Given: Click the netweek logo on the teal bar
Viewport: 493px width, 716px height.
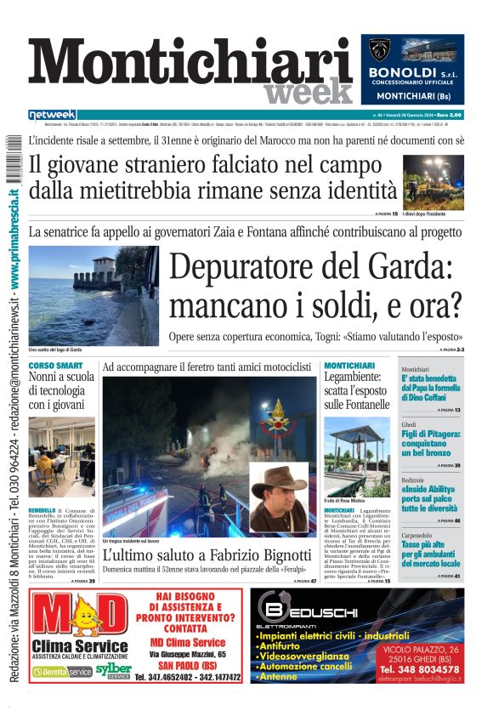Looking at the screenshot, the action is tap(52, 114).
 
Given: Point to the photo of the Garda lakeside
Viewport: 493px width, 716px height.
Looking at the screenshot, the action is tap(93, 294).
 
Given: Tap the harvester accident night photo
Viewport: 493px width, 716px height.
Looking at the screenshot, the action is tap(433, 181).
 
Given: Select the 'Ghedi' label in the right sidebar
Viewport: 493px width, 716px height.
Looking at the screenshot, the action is tap(409, 423).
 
